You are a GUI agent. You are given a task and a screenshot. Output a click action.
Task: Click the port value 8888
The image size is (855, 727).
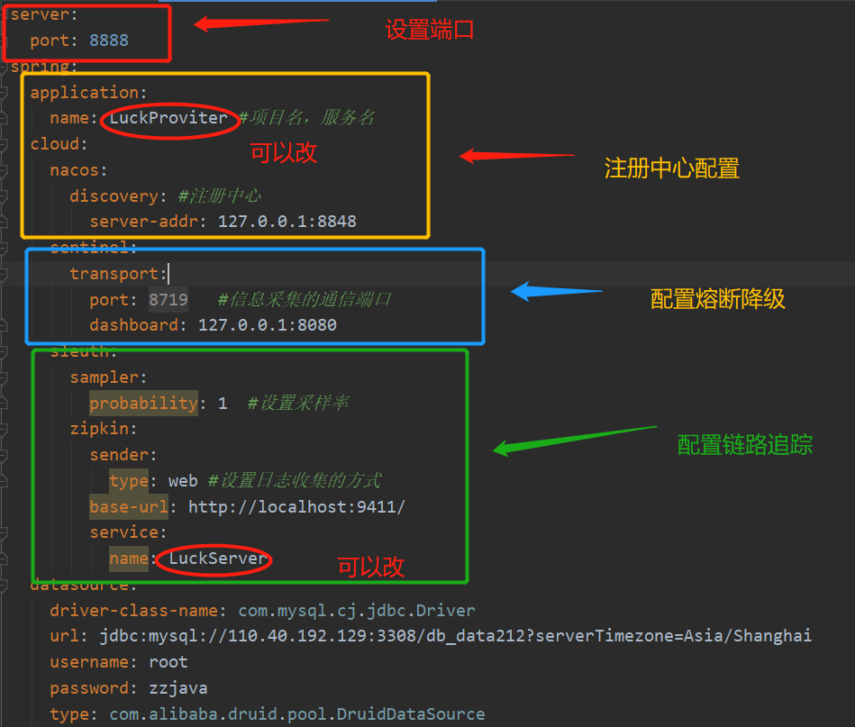click(x=109, y=41)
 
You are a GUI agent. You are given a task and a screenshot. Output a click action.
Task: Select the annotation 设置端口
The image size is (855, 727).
click(x=430, y=30)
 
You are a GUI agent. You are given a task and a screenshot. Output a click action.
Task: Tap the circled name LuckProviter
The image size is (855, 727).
click(x=168, y=118)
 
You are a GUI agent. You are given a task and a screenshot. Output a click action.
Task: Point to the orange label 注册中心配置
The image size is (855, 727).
click(x=671, y=168)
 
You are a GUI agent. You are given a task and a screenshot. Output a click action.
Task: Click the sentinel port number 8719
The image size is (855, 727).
click(x=168, y=299)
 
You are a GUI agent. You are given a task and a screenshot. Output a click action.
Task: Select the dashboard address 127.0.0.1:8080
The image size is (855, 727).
click(x=268, y=324)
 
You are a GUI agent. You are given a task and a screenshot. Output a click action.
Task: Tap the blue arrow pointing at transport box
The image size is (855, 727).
click(x=556, y=291)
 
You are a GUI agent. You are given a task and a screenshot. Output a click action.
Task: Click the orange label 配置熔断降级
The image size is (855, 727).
click(x=718, y=299)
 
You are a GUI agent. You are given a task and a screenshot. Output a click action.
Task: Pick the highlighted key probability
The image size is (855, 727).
click(x=143, y=403)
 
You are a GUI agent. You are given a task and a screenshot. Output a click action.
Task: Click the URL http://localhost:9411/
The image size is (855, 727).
click(x=296, y=507)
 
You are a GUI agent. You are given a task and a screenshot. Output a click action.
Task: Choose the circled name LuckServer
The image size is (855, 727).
click(x=218, y=559)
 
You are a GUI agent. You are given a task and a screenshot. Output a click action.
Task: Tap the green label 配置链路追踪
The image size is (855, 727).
click(x=745, y=444)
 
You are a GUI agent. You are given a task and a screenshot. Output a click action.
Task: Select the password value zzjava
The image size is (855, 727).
click(x=178, y=688)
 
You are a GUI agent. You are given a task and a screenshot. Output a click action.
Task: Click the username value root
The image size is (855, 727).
click(x=168, y=662)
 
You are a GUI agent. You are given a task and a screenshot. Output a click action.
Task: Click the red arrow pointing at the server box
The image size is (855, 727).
click(x=261, y=22)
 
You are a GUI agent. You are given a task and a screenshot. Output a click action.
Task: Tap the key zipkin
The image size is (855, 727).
click(x=104, y=429)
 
